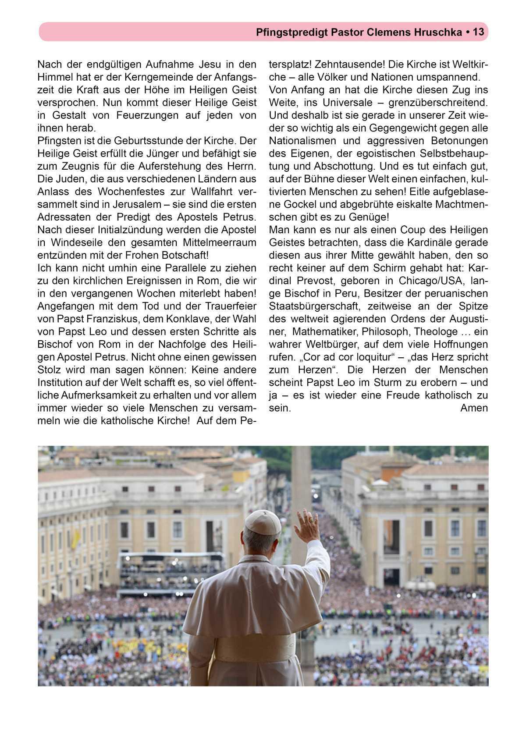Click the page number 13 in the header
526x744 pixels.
point(479,32)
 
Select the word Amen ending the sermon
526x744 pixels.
point(474,408)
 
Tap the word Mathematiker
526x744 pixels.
point(326,331)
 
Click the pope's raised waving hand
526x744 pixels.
point(308,525)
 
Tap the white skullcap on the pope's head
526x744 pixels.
point(263,522)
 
